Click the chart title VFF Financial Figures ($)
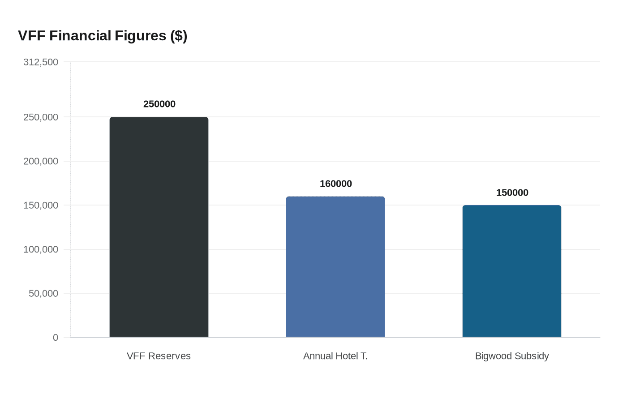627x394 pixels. click(103, 36)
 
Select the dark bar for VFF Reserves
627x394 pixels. click(159, 227)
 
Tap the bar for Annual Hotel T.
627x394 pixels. click(335, 267)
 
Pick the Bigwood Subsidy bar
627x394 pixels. click(511, 271)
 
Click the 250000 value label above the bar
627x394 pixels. click(159, 104)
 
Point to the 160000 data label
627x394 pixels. click(335, 184)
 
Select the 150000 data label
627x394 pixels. click(512, 193)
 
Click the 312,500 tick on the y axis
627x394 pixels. click(41, 62)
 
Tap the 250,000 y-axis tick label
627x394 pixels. click(41, 117)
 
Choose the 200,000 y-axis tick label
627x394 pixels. click(41, 161)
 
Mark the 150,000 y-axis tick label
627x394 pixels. click(41, 206)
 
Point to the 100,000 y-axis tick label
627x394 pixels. click(41, 249)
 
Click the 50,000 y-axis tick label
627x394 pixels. click(43, 294)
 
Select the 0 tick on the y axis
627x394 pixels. click(56, 338)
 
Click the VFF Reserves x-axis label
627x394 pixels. click(159, 356)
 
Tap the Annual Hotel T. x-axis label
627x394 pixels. click(335, 356)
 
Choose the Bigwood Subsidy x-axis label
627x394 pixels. click(511, 356)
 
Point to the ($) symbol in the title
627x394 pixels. click(178, 36)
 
